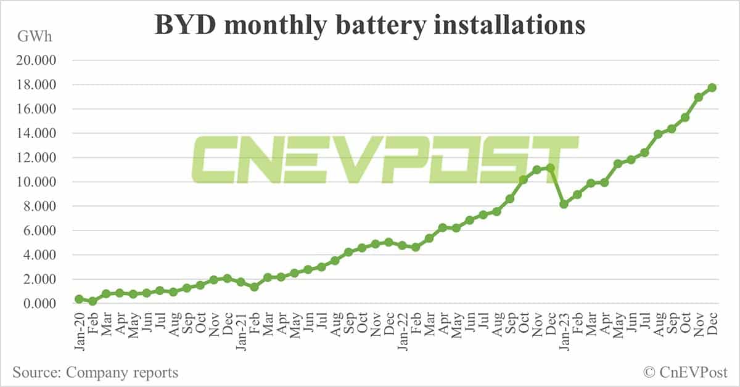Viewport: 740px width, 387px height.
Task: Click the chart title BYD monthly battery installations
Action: click(369, 25)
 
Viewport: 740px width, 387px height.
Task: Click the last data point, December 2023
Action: click(712, 88)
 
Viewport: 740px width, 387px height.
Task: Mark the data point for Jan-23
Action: click(564, 204)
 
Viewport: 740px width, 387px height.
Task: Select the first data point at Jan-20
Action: click(79, 299)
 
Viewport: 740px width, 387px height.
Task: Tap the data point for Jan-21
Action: click(240, 282)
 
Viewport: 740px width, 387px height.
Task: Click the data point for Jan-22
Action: click(402, 245)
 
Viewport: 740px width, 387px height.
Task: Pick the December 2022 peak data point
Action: click(550, 168)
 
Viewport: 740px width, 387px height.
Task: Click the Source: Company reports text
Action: click(95, 372)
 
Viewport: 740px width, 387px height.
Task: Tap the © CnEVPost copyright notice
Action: click(685, 372)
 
